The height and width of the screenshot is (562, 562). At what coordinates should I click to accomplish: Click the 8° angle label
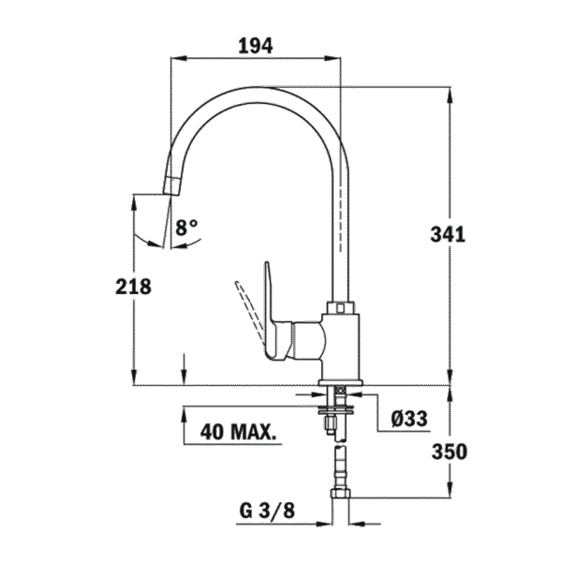[x=187, y=226]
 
